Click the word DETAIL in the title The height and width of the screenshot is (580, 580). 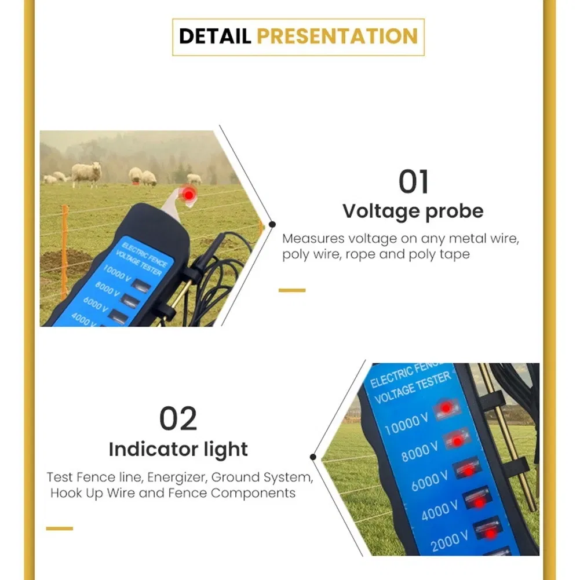coord(215,36)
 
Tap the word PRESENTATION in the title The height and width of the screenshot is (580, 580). coord(337,36)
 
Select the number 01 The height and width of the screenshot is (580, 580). coord(414,183)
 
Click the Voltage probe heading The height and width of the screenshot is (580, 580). coord(413,211)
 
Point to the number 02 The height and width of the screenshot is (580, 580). coord(178,420)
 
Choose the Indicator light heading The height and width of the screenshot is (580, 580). coord(178,449)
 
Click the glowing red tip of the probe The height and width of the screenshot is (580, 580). coord(188,195)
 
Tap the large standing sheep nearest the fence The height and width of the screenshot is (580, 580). coord(87,173)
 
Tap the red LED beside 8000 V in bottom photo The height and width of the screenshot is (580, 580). coord(457,442)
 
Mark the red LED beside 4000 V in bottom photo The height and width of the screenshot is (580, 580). coord(480,502)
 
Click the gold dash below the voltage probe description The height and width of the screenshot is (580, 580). coord(292,290)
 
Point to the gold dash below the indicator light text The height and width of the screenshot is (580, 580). coord(60,528)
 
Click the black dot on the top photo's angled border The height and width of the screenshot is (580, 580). coord(272,224)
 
